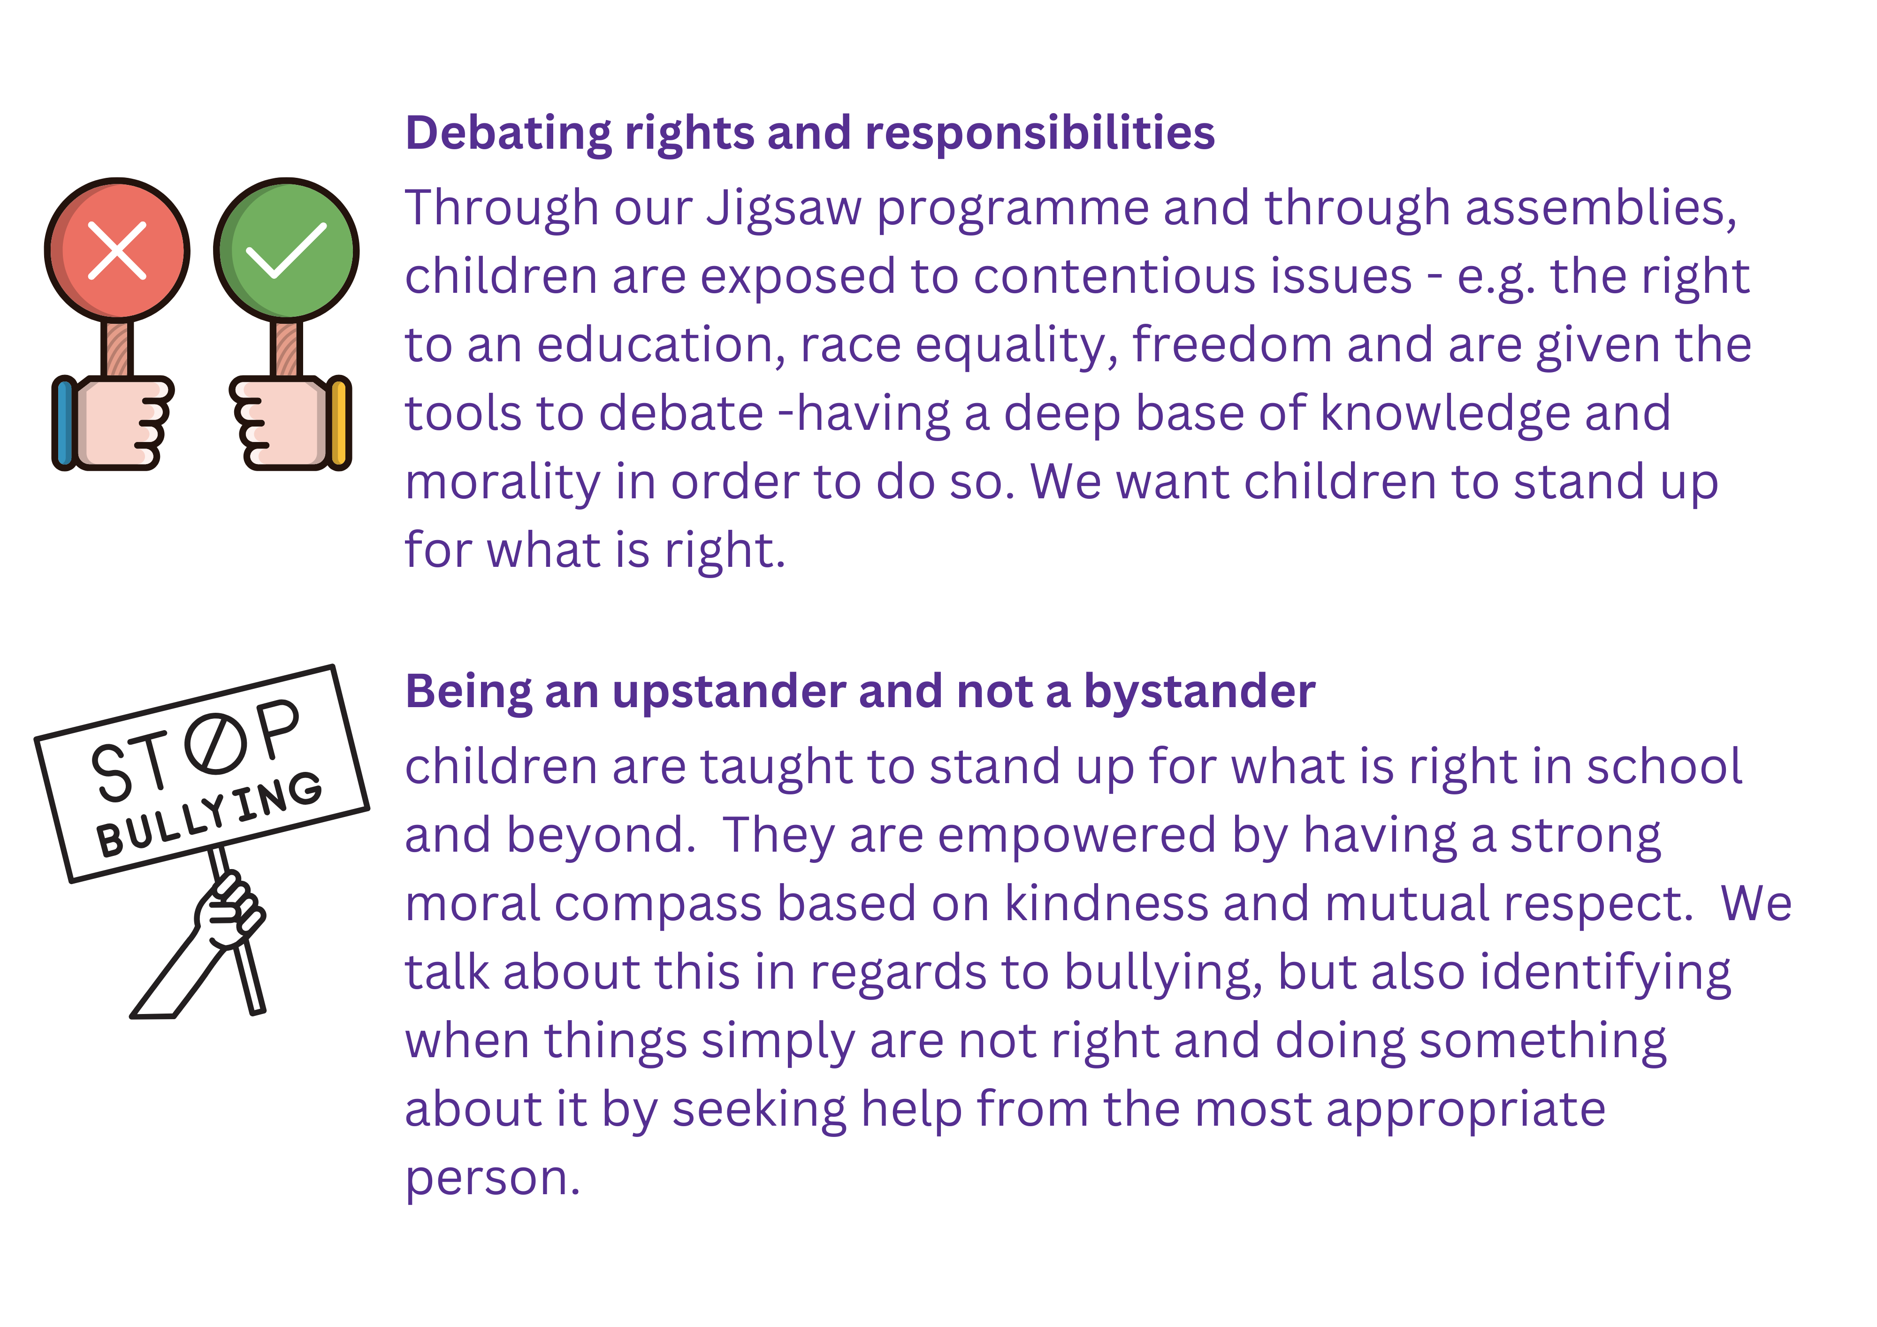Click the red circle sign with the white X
click(117, 249)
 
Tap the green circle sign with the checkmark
click(286, 249)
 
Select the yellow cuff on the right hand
click(339, 423)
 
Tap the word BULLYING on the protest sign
click(209, 814)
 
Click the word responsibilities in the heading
click(1040, 133)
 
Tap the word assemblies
click(1601, 208)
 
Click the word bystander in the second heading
click(1199, 693)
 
